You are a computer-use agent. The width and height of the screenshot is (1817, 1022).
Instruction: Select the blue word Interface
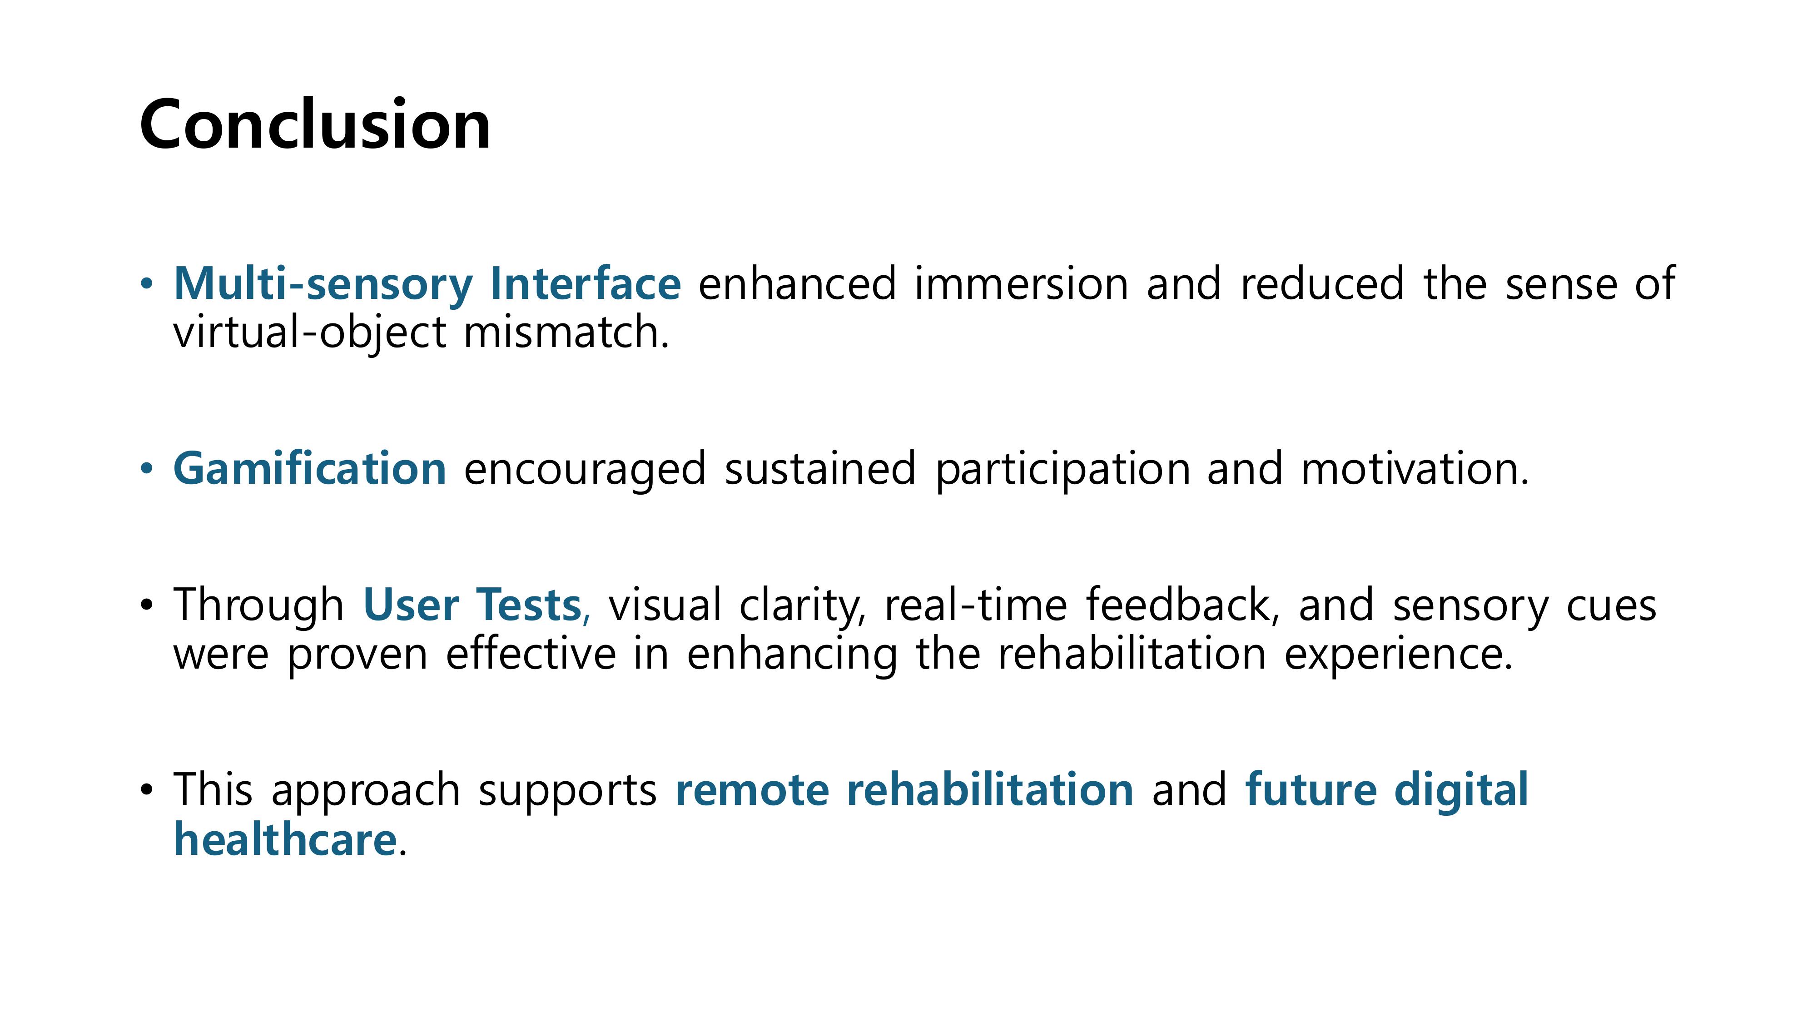tap(586, 283)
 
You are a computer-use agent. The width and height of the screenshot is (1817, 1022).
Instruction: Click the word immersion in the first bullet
tap(1021, 283)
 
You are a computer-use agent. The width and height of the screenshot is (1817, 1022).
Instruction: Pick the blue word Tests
tap(530, 605)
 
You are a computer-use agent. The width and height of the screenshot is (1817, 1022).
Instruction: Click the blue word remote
tap(752, 790)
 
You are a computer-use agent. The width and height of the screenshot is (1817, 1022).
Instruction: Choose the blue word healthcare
tap(285, 839)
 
